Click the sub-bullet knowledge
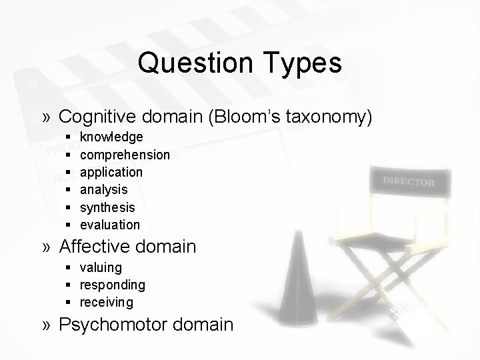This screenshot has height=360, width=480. point(111,137)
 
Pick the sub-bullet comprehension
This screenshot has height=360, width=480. point(125,155)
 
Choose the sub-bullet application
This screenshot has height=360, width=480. point(111,172)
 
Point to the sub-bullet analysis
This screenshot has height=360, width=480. point(103,190)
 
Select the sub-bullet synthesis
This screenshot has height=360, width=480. point(107,207)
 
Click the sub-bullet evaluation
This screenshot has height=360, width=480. point(110,225)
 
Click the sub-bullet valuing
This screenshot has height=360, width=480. point(101,267)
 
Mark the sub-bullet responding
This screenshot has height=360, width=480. point(112,285)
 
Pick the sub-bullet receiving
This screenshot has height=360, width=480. point(107,302)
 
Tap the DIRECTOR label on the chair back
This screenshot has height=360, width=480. point(409,181)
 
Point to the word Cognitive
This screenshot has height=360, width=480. point(97,117)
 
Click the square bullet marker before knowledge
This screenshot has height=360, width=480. point(69,137)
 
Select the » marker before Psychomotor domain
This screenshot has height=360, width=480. point(47,325)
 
